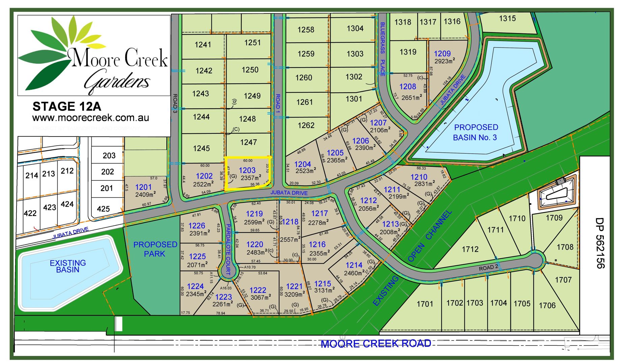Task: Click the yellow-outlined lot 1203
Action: (248, 174)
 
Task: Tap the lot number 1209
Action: (442, 54)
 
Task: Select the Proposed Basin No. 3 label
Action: (476, 132)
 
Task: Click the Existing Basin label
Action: (68, 266)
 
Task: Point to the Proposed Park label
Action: (155, 249)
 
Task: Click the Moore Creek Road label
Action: (376, 344)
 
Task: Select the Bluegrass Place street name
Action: (382, 49)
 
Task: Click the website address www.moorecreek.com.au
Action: (90, 118)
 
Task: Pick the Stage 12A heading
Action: (67, 107)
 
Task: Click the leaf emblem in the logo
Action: (51, 54)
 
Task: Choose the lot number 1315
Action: (507, 18)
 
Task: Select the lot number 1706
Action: (547, 305)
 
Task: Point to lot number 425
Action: (103, 209)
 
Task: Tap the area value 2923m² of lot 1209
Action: (445, 61)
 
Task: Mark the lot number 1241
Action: (203, 44)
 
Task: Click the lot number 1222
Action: (258, 290)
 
